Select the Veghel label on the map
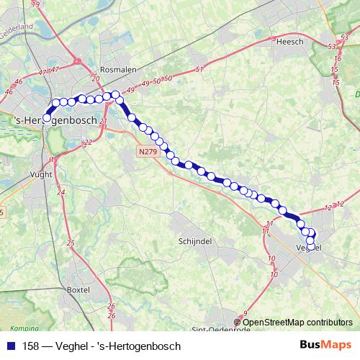click(x=309, y=247)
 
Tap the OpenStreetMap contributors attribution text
click(x=297, y=322)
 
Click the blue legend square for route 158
click(x=9, y=346)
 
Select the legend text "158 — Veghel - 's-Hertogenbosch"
click(x=102, y=346)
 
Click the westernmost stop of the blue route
click(x=47, y=117)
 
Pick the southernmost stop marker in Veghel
click(x=310, y=247)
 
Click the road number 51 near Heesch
click(x=199, y=69)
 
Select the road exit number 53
click(x=332, y=46)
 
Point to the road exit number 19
click(x=36, y=4)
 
